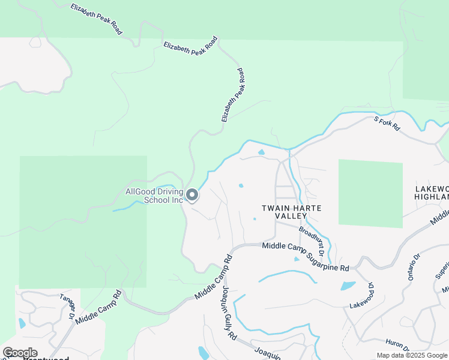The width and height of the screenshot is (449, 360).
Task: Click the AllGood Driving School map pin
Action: (192, 195)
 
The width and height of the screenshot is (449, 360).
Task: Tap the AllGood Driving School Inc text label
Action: (154, 196)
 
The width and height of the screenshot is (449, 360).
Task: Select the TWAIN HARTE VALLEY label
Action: (291, 211)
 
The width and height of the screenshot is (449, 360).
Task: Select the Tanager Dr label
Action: (67, 306)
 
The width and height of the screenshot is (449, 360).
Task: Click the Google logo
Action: (20, 353)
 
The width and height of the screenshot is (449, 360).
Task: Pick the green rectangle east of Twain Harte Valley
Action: (370, 193)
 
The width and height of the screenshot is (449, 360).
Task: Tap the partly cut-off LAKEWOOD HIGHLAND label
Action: (432, 193)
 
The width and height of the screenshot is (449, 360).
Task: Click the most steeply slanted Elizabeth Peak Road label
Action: (233, 95)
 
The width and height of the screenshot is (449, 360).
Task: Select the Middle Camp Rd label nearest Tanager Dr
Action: (99, 307)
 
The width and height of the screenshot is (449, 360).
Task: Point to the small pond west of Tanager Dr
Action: (22, 323)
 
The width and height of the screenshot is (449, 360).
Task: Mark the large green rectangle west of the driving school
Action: (83, 221)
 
